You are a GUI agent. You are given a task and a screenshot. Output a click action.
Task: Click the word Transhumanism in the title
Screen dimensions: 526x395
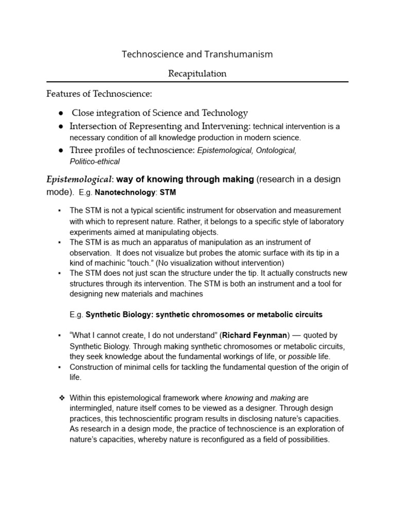pos(240,54)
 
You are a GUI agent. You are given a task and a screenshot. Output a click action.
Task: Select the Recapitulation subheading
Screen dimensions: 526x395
pos(197,73)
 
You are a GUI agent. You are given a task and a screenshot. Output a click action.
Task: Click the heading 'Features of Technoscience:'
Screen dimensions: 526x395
pos(99,94)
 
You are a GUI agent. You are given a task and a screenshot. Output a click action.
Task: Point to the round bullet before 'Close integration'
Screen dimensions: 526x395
pos(61,113)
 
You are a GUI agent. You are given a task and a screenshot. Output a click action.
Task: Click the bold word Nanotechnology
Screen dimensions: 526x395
pos(129,193)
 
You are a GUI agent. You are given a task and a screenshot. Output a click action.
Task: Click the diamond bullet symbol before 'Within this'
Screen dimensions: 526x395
pos(61,398)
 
